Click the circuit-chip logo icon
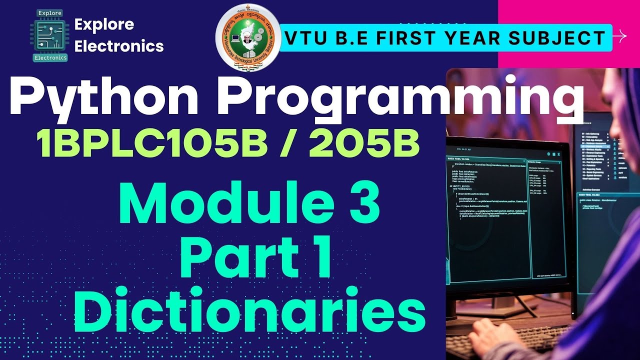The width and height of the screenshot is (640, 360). (x=49, y=34)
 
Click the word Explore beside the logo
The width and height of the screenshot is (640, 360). (x=103, y=24)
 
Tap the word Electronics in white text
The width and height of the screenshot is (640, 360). (x=118, y=46)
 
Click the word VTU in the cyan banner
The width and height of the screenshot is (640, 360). (x=304, y=37)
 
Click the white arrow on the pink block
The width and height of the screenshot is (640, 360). (x=620, y=36)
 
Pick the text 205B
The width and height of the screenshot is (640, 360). (x=364, y=142)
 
